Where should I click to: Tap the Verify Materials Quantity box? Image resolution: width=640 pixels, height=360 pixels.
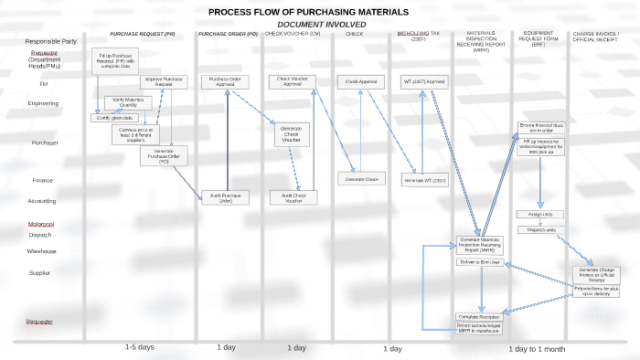pyautogui.click(x=129, y=102)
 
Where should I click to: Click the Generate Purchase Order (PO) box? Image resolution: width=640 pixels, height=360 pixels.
pyautogui.click(x=164, y=155)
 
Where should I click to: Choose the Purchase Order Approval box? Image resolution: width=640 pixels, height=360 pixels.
pyautogui.click(x=225, y=81)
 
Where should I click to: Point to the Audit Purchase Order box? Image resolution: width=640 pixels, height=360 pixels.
pyautogui.click(x=225, y=196)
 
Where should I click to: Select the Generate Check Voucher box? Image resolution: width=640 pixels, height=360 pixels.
pyautogui.click(x=291, y=135)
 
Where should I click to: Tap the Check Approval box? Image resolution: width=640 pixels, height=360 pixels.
pyautogui.click(x=361, y=81)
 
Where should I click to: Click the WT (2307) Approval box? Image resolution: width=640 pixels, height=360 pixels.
pyautogui.click(x=424, y=81)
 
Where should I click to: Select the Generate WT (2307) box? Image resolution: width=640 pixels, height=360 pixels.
pyautogui.click(x=424, y=181)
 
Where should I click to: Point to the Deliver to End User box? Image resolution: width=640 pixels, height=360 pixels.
pyautogui.click(x=479, y=262)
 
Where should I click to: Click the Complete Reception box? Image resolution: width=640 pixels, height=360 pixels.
pyautogui.click(x=479, y=316)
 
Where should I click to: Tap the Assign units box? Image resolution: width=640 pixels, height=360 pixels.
pyautogui.click(x=541, y=214)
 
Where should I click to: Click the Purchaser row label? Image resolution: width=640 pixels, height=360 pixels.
pyautogui.click(x=45, y=143)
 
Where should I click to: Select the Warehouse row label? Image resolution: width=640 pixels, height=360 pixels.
pyautogui.click(x=41, y=251)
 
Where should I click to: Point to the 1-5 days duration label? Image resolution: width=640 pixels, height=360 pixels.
pyautogui.click(x=139, y=348)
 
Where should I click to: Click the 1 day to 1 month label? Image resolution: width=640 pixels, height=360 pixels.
pyautogui.click(x=537, y=349)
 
